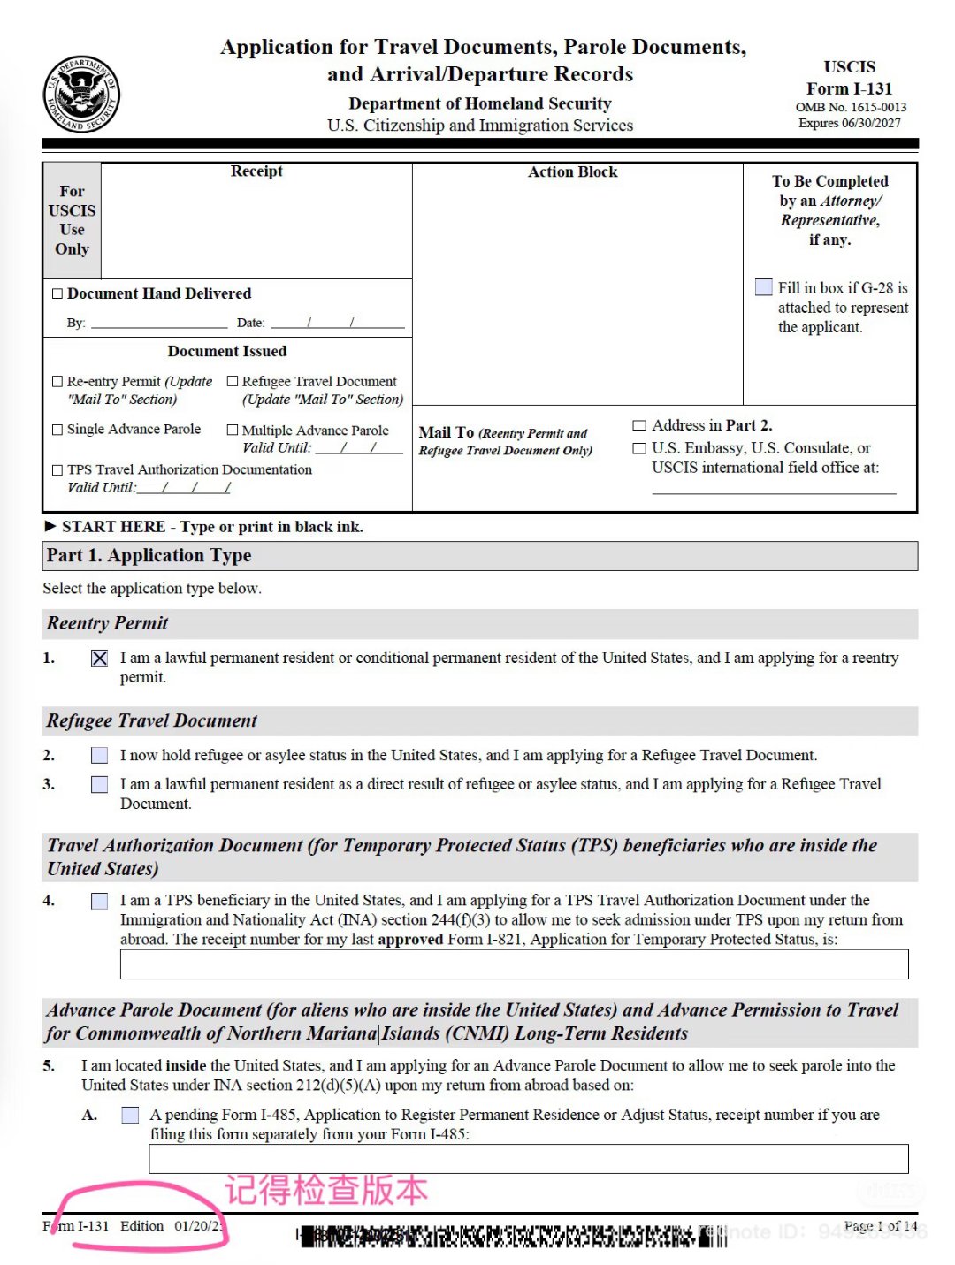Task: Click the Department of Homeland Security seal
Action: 81,94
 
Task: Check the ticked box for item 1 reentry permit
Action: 100,659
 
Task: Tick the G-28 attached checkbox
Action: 764,287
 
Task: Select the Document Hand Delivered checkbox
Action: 57,293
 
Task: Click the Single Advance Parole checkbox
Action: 57,430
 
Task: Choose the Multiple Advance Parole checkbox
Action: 233,430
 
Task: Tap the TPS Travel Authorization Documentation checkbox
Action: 57,470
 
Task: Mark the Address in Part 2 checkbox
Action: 639,425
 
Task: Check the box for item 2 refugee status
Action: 100,756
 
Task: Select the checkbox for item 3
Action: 100,785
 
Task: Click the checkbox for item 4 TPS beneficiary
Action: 100,901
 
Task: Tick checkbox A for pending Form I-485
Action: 130,1116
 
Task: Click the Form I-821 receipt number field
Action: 514,964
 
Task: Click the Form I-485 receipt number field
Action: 528,1159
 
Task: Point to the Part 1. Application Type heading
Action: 149,555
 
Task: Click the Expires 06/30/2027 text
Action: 849,124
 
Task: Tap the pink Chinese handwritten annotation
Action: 325,1190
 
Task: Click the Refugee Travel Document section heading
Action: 151,720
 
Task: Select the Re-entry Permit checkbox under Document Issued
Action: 57,382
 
